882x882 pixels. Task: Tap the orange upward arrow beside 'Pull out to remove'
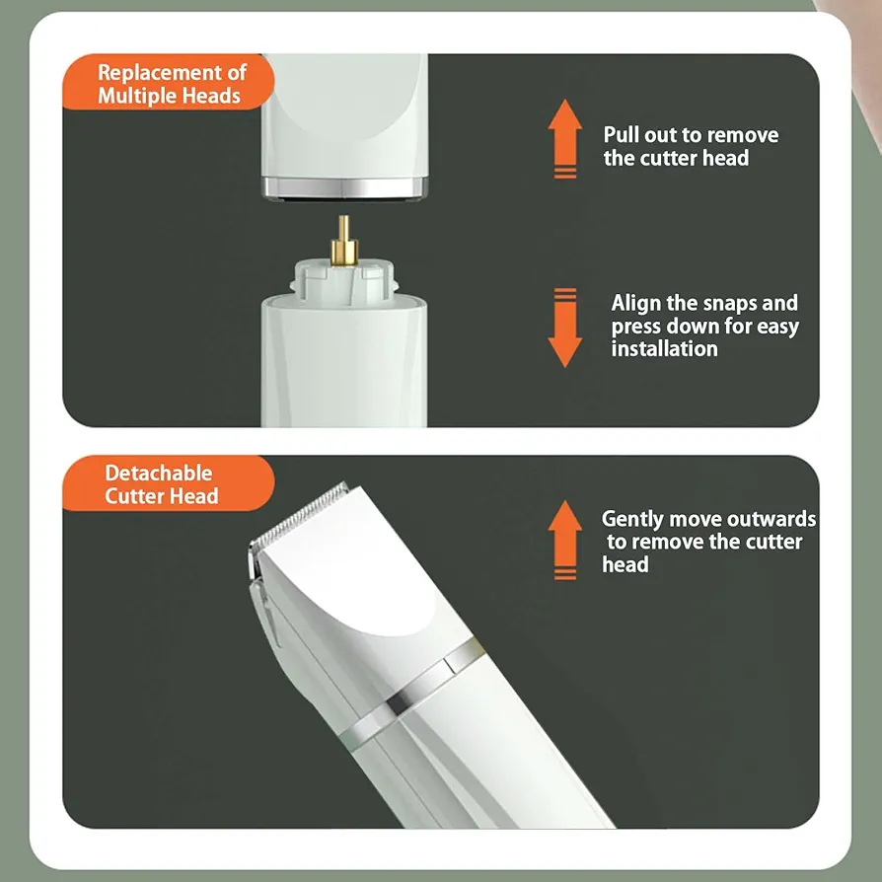564,139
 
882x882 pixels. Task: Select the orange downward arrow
564,328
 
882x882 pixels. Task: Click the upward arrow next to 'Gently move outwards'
564,540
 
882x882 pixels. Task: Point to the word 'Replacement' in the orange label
160,73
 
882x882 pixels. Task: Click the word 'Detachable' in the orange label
159,473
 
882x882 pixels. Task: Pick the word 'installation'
664,348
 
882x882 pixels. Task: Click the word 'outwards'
777,519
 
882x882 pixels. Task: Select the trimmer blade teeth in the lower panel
298,515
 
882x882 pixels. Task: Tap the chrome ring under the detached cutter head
344,187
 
